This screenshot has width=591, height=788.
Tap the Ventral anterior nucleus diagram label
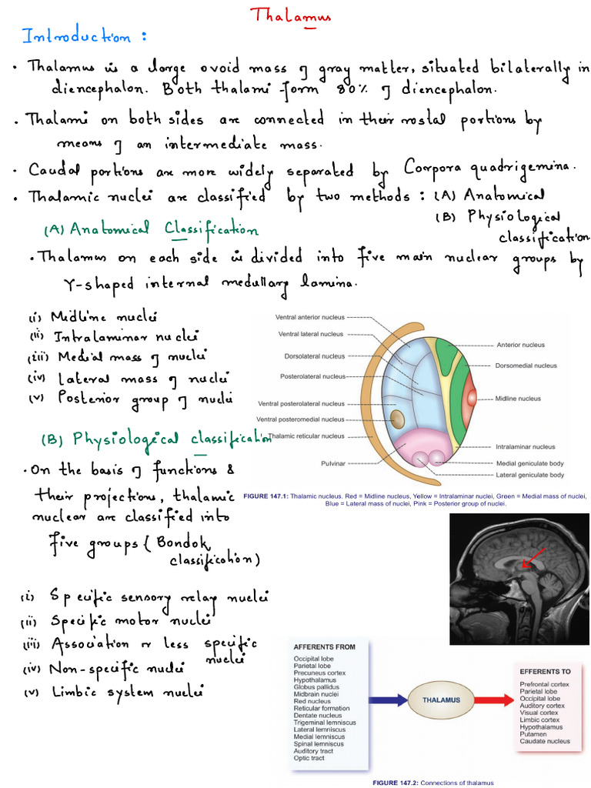tap(310, 316)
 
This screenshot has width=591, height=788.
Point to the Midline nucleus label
tap(518, 399)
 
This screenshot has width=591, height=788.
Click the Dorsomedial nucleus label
tap(526, 366)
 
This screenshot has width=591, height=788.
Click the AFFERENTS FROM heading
tap(324, 647)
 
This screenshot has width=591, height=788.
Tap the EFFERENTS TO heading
tap(546, 672)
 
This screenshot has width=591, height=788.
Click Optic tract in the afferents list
tap(309, 758)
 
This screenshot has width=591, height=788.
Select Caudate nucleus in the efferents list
tap(545, 741)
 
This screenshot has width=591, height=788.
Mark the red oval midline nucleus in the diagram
tap(470, 398)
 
